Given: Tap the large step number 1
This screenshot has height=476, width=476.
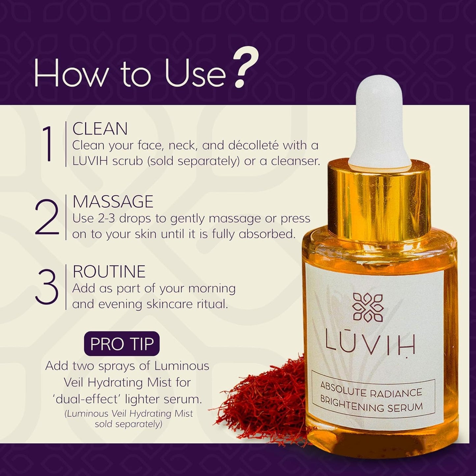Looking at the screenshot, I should coord(48,145).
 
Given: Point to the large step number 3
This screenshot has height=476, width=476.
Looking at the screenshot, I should coord(47,288).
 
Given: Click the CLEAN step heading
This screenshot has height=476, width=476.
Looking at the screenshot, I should coord(100,129).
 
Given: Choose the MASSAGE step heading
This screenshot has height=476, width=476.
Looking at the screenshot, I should coord(113,202).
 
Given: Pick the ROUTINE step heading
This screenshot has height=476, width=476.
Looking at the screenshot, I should coord(109,272).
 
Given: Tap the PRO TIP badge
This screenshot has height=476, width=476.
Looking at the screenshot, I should coord(122,344).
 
